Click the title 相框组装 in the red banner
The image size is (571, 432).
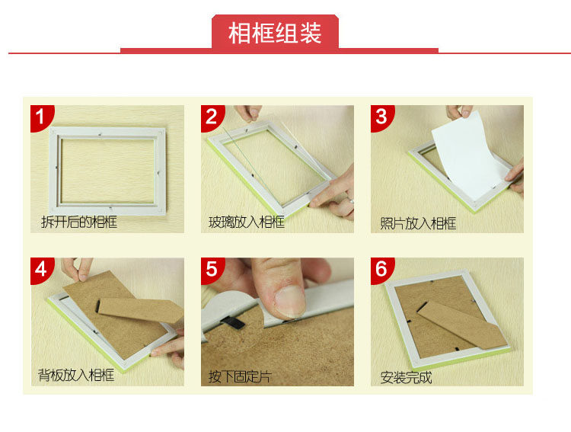275,34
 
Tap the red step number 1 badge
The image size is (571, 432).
41,117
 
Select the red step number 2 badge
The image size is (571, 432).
212,117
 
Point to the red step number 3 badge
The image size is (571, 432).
381,117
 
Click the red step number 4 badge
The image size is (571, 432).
41,270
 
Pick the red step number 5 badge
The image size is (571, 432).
212,270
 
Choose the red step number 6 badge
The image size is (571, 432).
381,270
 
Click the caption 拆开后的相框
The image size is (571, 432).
79,222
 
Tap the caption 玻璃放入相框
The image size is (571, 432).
246,222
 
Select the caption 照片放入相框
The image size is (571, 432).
418,223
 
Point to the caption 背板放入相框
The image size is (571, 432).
76,375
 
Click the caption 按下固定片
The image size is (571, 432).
240,376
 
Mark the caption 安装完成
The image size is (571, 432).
406,377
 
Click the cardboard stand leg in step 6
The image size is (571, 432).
461,325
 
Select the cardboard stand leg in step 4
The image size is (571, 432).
140,310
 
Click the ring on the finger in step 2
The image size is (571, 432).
351,200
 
